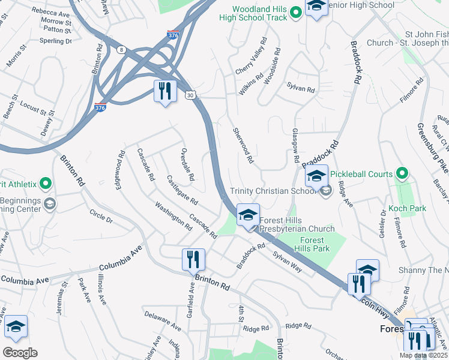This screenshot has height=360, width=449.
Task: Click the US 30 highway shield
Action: (x=190, y=95)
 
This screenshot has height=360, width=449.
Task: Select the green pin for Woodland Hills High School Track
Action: (x=295, y=12)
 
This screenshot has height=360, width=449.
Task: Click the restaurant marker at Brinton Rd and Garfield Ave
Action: (x=193, y=260)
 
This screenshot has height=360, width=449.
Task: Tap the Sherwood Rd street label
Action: (x=243, y=146)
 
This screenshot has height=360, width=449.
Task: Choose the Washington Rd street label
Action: (x=173, y=216)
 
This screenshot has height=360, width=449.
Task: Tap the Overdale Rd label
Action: (x=188, y=164)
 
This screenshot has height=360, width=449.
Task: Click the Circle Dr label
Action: (x=101, y=216)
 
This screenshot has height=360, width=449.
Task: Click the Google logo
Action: (x=20, y=352)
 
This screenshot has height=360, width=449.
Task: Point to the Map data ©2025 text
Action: (x=423, y=355)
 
